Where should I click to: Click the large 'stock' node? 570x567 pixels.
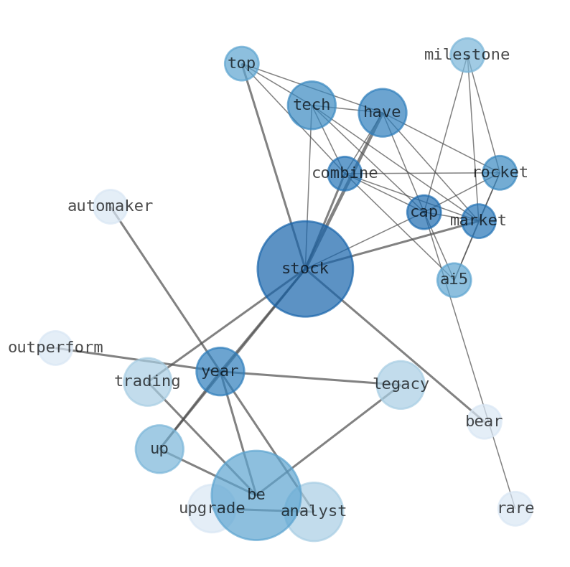point(305,269)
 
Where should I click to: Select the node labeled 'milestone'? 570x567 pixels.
point(467,55)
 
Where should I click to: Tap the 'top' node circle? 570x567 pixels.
point(242,64)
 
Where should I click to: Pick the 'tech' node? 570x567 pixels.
point(312,106)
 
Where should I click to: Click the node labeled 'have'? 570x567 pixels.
point(383,113)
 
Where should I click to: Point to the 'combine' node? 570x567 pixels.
point(345,174)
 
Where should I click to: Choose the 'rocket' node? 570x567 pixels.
point(500,173)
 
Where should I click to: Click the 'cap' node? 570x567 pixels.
point(424,212)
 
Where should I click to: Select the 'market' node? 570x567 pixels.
point(478,221)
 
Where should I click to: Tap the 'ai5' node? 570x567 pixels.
point(454,280)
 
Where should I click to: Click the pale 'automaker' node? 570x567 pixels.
point(111,207)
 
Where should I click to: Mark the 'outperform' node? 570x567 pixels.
point(55,348)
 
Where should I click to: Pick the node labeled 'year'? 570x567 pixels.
point(220,372)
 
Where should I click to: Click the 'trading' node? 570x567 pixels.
point(147,382)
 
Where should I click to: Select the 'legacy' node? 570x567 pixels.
point(401,385)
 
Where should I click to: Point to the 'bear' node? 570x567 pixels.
point(484,422)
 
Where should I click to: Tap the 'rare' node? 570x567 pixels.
point(515,509)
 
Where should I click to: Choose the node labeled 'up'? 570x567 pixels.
point(159,449)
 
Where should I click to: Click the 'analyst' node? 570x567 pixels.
point(314,512)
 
